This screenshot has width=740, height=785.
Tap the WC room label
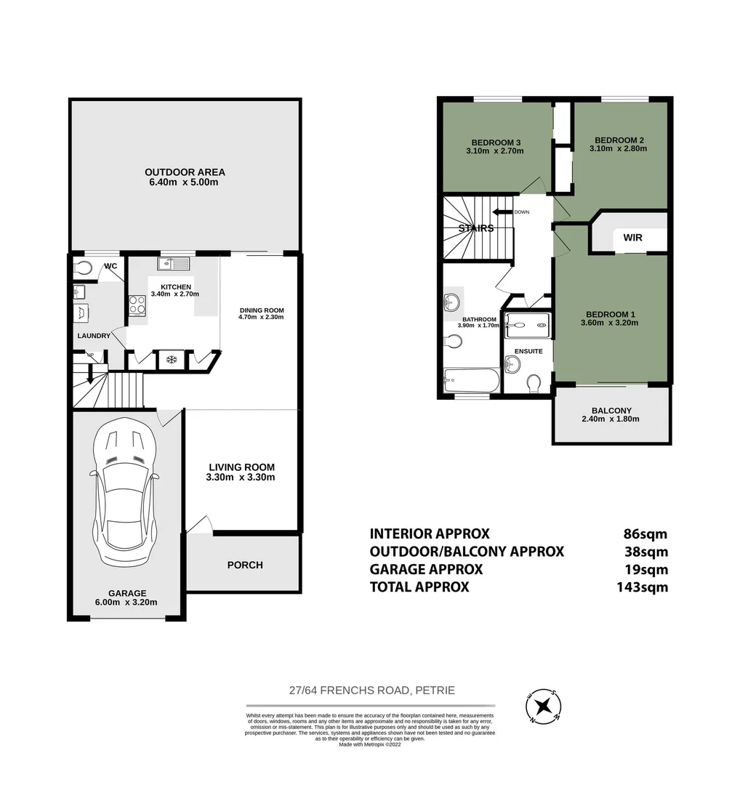110,265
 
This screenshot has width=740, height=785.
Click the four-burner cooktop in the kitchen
138,305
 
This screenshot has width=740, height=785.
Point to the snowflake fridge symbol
172,359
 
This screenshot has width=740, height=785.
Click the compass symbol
542,705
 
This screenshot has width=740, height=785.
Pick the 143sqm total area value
640,587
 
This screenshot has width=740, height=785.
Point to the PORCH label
245,565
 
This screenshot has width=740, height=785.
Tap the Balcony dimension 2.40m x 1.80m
611,419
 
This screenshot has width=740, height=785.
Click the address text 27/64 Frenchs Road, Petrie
371,691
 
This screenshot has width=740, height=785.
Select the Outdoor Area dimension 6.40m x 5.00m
185,182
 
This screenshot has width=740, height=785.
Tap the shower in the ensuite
526,325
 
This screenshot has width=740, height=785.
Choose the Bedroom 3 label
496,142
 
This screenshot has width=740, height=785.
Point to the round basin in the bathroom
451,301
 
